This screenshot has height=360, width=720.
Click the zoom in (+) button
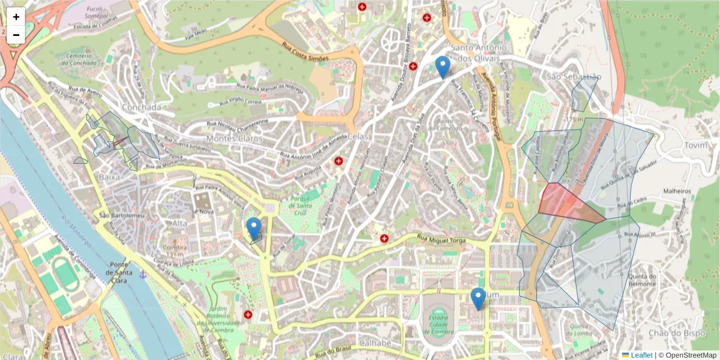(16, 17)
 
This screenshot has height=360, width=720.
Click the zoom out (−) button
(16, 35)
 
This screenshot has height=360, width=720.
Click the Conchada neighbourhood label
(142, 107)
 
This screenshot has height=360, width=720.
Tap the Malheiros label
(677, 191)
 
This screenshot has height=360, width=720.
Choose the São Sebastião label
(574, 77)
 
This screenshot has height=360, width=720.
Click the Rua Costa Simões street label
(305, 51)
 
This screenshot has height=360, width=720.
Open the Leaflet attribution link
(641, 355)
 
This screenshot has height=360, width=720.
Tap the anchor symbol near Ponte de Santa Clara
(143, 275)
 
